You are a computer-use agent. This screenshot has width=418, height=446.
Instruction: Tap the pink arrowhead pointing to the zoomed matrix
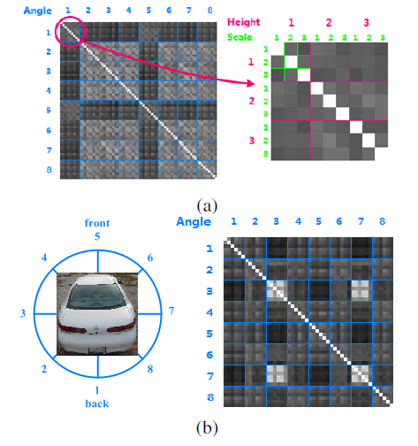[251, 83]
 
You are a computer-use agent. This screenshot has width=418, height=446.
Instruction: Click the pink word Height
[243, 22]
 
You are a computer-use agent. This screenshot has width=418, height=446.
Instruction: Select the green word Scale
[239, 37]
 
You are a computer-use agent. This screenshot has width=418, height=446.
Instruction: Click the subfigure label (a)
[207, 205]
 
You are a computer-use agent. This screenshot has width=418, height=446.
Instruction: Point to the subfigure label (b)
[207, 427]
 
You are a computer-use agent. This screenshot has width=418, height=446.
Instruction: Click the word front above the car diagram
[97, 223]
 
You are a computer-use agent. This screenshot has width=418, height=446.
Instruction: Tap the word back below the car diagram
[97, 404]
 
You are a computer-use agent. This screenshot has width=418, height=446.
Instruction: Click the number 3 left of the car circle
[23, 313]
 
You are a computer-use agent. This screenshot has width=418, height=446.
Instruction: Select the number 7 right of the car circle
[171, 311]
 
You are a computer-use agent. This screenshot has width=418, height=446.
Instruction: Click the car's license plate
[97, 350]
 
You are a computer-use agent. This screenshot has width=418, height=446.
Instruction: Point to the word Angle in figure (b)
[194, 222]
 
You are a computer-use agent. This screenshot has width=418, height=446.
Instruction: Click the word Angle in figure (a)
[37, 11]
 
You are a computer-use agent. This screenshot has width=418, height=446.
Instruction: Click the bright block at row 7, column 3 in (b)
[277, 375]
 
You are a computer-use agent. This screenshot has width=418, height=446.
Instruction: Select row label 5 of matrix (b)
[209, 334]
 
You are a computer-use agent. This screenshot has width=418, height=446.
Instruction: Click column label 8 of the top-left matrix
[209, 11]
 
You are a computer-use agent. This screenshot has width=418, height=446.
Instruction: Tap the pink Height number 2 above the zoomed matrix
[329, 23]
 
